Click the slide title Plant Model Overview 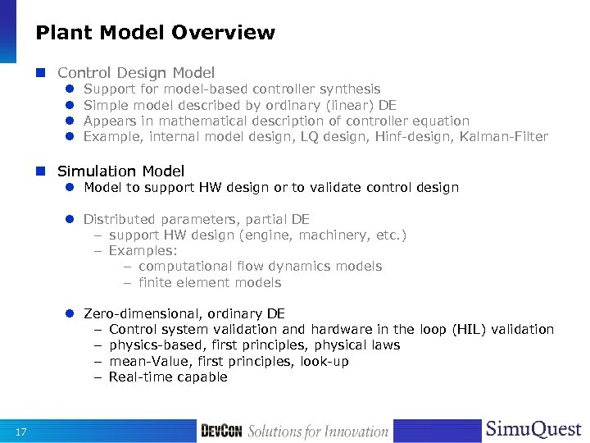pyautogui.click(x=155, y=33)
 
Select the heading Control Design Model pyautogui.click(x=136, y=72)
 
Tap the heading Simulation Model pyautogui.click(x=120, y=171)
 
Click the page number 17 pyautogui.click(x=22, y=432)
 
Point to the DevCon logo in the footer pyautogui.click(x=221, y=431)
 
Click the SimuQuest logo pyautogui.click(x=533, y=430)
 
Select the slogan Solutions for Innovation pyautogui.click(x=318, y=432)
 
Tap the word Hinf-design pyautogui.click(x=410, y=136)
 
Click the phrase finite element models pyautogui.click(x=210, y=282)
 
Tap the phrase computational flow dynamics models pyautogui.click(x=260, y=267)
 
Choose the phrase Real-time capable pyautogui.click(x=168, y=377)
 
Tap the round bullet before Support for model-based pyautogui.click(x=71, y=89)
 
